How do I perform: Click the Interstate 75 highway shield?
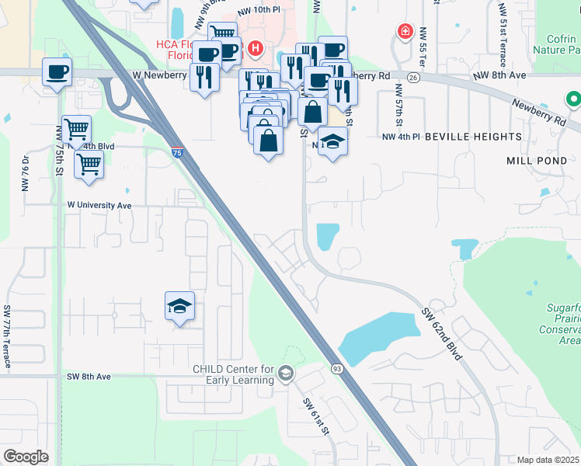[178, 153]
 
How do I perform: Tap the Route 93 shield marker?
[337, 367]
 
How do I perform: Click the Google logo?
[26, 456]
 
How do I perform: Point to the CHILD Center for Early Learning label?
[234, 374]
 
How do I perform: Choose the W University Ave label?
[100, 205]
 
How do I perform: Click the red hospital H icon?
[256, 47]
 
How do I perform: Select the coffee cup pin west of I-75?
[57, 72]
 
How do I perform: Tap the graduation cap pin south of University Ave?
[179, 306]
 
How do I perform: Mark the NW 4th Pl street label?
[401, 137]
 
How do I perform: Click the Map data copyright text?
[548, 460]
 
